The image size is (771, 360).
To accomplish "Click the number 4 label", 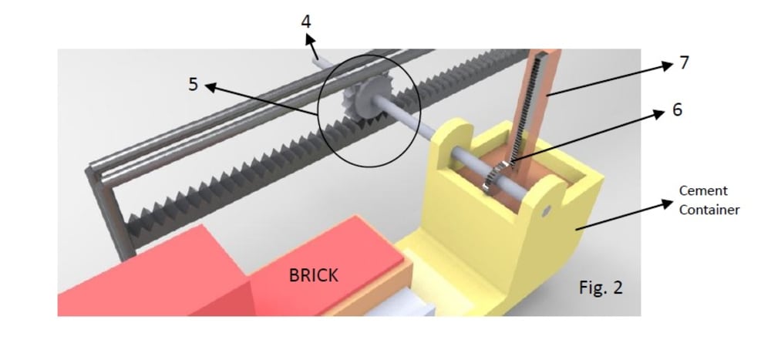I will coord(306,22).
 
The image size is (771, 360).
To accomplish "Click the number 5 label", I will coord(194,85).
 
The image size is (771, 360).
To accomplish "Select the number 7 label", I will coord(683,63).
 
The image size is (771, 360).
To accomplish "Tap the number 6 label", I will coord(677,110).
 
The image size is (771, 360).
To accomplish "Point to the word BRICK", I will coord(314,275).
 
